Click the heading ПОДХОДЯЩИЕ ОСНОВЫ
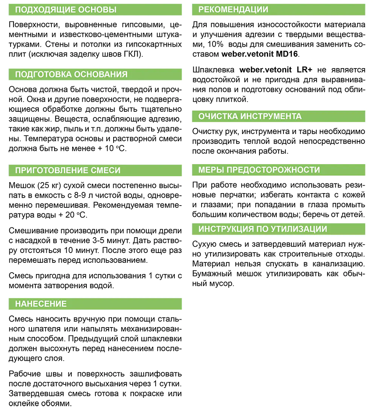point(65,10)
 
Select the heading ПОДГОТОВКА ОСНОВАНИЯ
point(71,74)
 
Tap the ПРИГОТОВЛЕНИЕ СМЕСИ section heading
point(68,170)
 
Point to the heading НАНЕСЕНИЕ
point(41,304)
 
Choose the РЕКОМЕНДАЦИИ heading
point(233,10)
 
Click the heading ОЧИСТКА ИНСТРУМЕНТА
point(250,116)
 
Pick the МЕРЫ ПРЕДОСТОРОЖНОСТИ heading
point(259,170)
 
